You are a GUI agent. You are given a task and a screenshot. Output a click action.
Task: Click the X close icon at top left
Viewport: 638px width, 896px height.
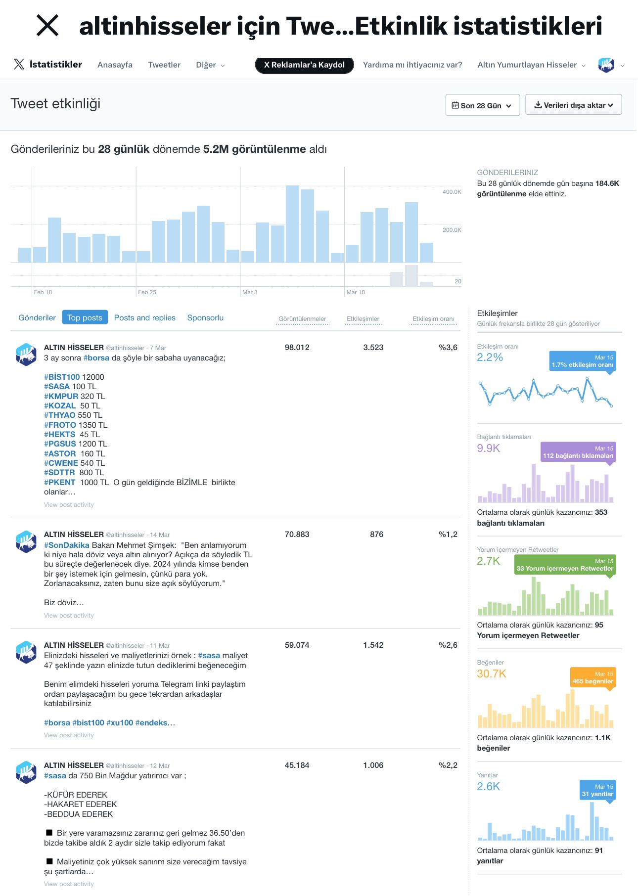pyautogui.click(x=47, y=25)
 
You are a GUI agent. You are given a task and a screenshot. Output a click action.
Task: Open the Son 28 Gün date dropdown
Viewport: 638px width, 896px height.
pyautogui.click(x=482, y=105)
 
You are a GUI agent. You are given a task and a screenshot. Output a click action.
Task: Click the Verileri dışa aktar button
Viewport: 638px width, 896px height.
pyautogui.click(x=573, y=105)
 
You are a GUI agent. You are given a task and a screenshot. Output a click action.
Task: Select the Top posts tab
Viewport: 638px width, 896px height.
pyautogui.click(x=85, y=317)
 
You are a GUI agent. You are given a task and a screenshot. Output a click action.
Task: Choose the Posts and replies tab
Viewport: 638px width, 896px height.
pyautogui.click(x=145, y=317)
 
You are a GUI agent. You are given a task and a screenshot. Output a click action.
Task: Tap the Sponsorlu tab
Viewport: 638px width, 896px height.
pyautogui.click(x=205, y=317)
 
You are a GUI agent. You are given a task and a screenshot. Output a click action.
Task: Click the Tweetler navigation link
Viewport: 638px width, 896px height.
pyautogui.click(x=164, y=65)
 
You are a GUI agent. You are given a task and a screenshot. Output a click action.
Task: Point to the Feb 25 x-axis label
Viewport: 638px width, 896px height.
pyautogui.click(x=147, y=292)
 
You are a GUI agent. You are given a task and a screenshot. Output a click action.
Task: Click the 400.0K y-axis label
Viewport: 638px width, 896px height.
pyautogui.click(x=452, y=192)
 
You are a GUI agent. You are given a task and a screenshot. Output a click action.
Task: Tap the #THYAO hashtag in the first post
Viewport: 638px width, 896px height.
pyautogui.click(x=60, y=415)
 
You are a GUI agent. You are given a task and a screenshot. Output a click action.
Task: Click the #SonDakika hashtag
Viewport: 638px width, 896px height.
pyautogui.click(x=67, y=545)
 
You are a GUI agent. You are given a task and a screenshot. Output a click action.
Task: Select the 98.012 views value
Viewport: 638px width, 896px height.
pyautogui.click(x=297, y=348)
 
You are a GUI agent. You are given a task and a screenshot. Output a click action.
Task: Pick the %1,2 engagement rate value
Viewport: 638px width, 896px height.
pyautogui.click(x=448, y=535)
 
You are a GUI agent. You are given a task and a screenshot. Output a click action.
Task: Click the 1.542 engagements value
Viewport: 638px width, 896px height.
pyautogui.click(x=373, y=645)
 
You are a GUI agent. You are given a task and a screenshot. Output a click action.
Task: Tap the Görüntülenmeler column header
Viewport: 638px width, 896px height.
pyautogui.click(x=302, y=319)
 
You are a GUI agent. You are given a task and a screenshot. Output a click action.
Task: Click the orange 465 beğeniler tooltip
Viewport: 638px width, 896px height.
pyautogui.click(x=592, y=678)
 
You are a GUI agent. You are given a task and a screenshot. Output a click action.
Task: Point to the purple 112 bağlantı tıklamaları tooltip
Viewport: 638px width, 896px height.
pyautogui.click(x=578, y=452)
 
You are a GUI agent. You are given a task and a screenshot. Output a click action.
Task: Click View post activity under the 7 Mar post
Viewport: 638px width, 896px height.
pyautogui.click(x=69, y=505)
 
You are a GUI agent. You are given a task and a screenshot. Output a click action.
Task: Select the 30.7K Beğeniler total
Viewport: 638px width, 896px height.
pyautogui.click(x=492, y=673)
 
